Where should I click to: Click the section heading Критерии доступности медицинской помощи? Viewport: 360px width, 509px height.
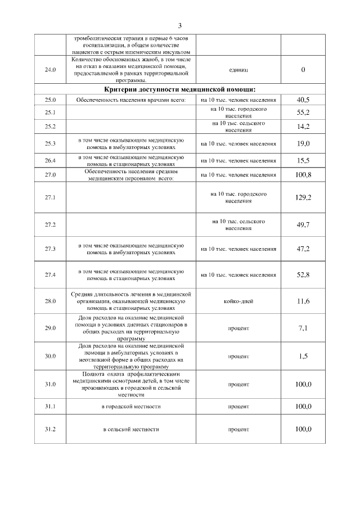pos(180,89)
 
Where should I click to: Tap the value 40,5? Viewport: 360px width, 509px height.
pos(303,100)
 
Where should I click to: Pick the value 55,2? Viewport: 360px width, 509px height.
pos(303,112)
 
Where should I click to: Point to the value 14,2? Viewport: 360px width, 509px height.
pos(303,127)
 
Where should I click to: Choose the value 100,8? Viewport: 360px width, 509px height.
pos(303,174)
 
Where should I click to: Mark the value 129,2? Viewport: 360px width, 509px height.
pos(303,197)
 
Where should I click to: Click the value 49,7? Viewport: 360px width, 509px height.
pos(303,225)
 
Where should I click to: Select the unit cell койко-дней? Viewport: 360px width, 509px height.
pos(238,301)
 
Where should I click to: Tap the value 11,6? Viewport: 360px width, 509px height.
pos(303,301)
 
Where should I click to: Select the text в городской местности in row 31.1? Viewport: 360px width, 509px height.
pos(131,406)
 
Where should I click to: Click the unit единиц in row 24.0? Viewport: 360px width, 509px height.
pos(238,70)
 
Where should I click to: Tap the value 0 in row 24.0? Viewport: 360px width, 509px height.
pos(303,70)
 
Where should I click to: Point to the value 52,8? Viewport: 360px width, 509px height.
pos(303,274)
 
